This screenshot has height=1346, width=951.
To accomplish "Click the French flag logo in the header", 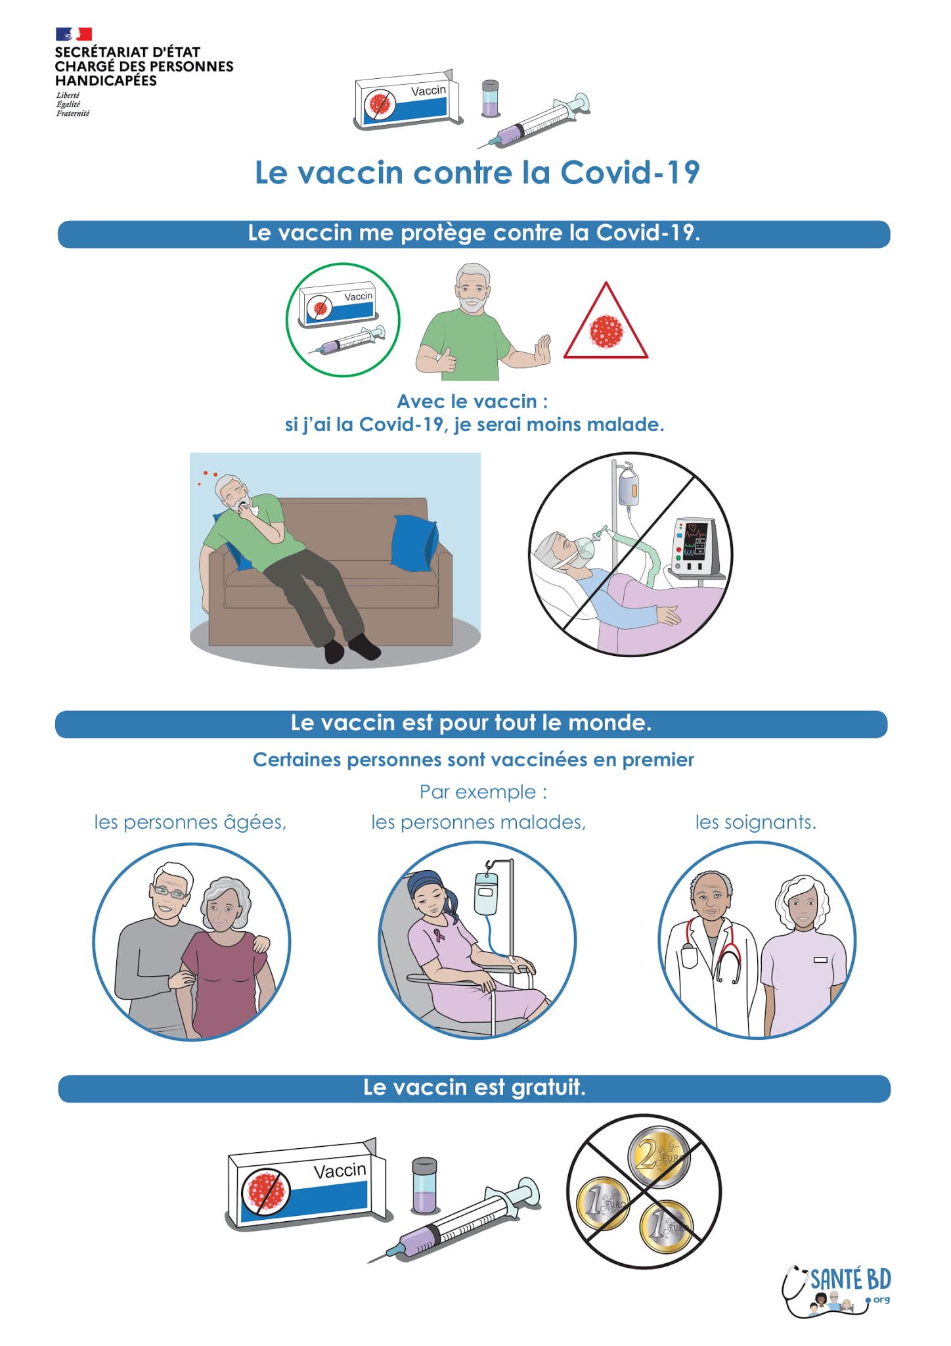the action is click(x=74, y=34).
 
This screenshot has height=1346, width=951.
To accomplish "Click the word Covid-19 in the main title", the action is click(x=630, y=172).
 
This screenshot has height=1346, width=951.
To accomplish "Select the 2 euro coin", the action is click(x=659, y=1156).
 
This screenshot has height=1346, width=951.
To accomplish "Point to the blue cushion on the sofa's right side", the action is click(x=414, y=543).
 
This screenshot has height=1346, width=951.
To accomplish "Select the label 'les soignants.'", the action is click(x=755, y=822).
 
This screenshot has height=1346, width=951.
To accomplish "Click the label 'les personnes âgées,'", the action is click(x=190, y=822).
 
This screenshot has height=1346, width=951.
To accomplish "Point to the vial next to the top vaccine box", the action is click(x=490, y=99).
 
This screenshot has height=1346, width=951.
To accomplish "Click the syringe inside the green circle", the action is click(x=347, y=340).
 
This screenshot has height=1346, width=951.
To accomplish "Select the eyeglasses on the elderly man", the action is click(x=170, y=892).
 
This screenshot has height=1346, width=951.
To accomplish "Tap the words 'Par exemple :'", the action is click(x=483, y=791).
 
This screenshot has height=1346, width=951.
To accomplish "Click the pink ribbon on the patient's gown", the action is click(x=439, y=934).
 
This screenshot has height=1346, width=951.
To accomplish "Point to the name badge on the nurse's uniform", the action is click(x=820, y=960).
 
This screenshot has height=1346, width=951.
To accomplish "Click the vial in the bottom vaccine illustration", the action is click(x=424, y=1185).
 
